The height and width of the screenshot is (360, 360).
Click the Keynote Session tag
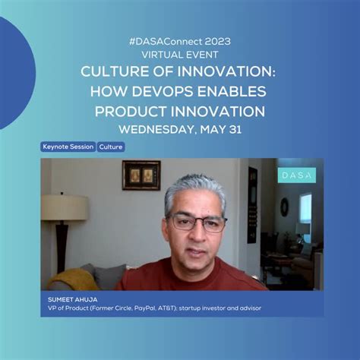[x=68, y=147]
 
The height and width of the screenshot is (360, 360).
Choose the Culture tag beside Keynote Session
[x=111, y=147]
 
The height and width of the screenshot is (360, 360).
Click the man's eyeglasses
[x=197, y=223]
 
